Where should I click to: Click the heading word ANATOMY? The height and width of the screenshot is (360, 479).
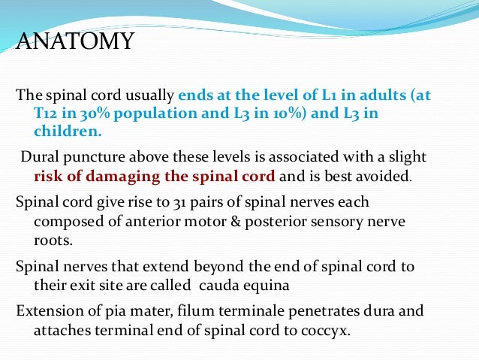(75, 41)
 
